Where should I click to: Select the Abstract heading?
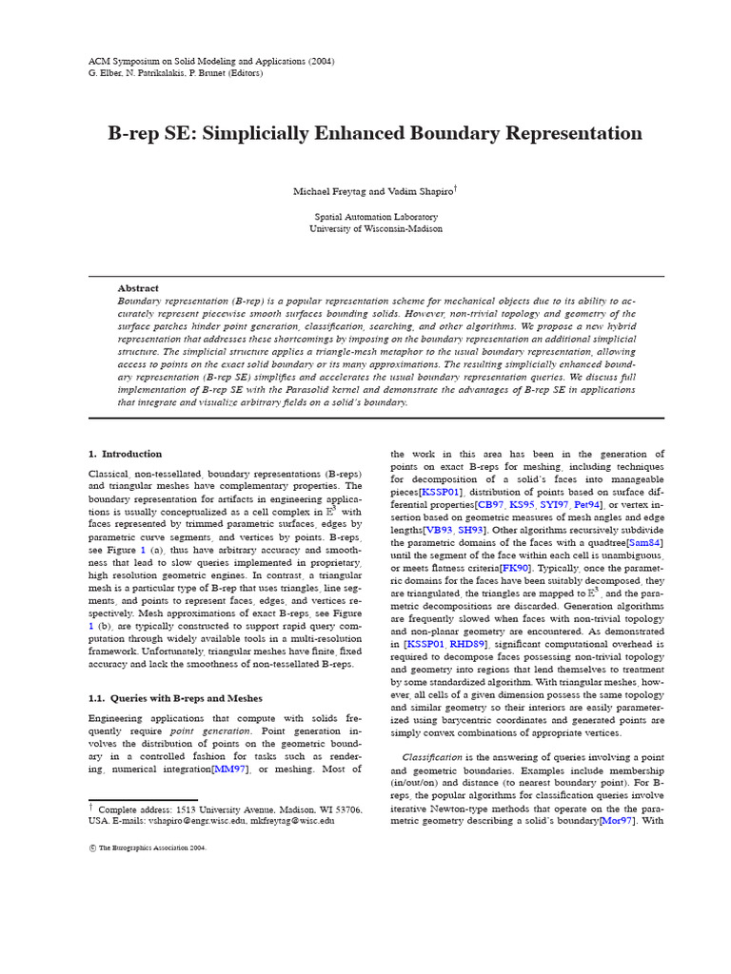click(x=138, y=288)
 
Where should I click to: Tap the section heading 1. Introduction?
click(x=126, y=454)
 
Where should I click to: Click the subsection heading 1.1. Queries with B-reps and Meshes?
click(x=175, y=698)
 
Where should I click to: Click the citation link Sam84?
click(x=644, y=542)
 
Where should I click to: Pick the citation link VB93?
click(x=440, y=530)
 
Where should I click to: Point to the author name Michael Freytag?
click(x=326, y=192)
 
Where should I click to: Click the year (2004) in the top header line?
click(x=319, y=61)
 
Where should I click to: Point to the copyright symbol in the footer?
click(x=92, y=847)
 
